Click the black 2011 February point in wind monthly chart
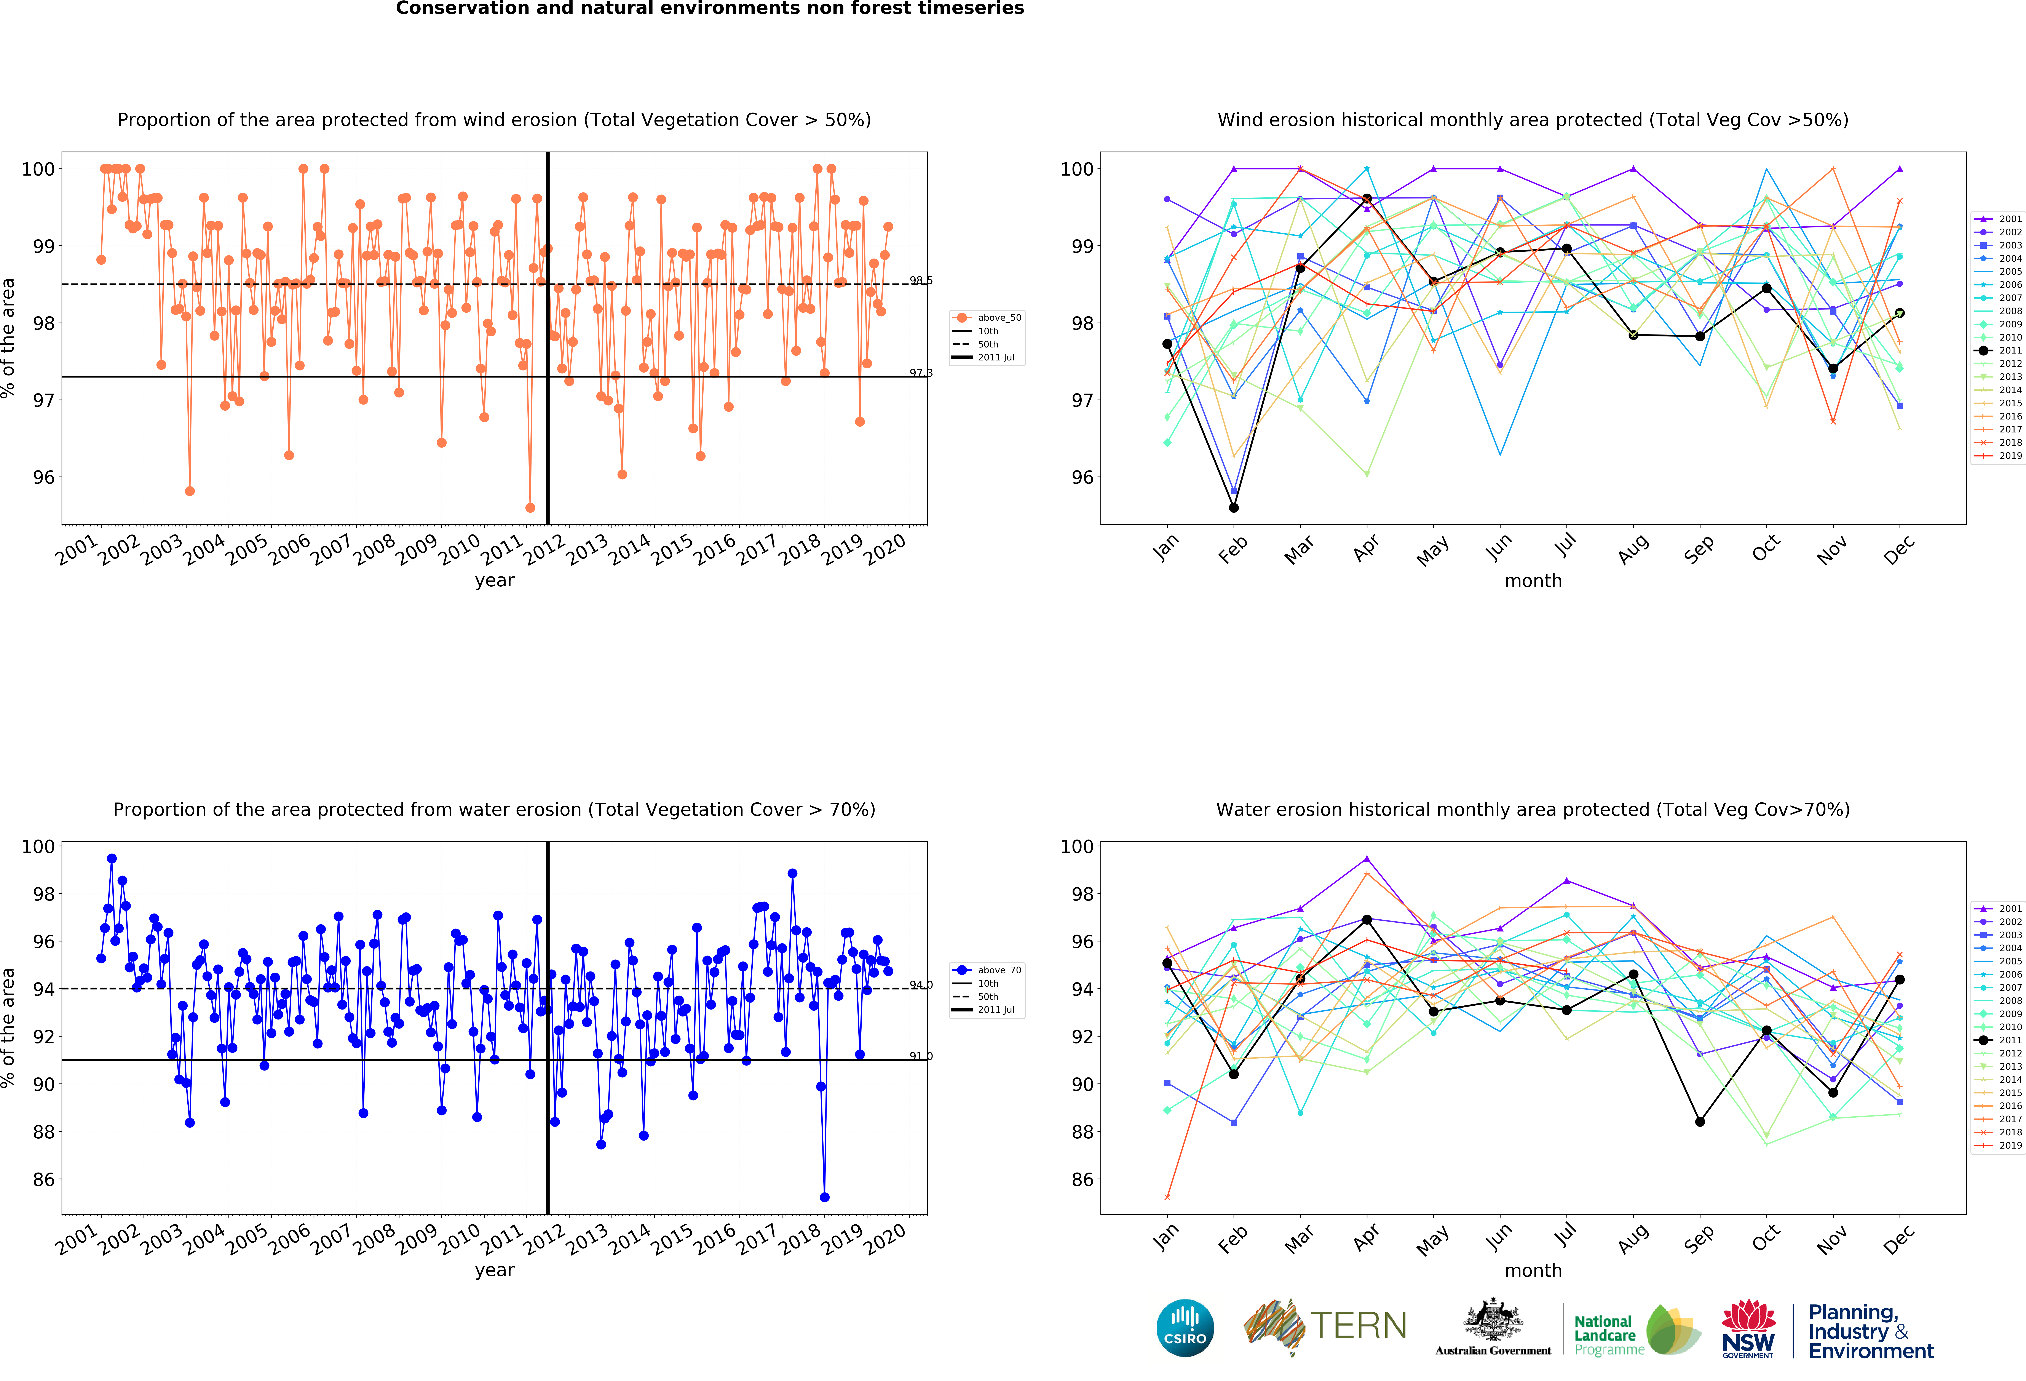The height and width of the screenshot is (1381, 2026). pos(1234,507)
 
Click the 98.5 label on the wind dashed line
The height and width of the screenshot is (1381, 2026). pos(921,281)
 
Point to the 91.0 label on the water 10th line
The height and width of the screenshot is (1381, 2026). pos(921,1056)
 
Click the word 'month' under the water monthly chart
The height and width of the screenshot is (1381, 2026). pos(1533,1270)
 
